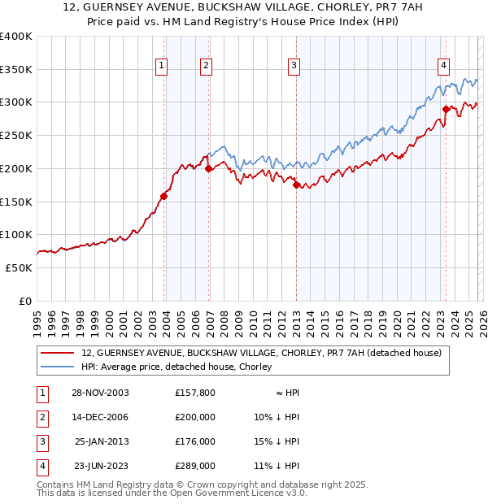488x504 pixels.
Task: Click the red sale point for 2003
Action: (x=164, y=195)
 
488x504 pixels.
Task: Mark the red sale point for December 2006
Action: (x=209, y=168)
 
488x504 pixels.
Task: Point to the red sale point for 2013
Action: (x=296, y=184)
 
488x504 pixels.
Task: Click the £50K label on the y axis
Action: (x=20, y=267)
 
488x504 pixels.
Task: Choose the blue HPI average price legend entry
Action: (x=176, y=367)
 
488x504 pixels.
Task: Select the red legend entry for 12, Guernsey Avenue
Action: (x=260, y=353)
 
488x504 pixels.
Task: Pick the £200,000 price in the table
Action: (x=195, y=417)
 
